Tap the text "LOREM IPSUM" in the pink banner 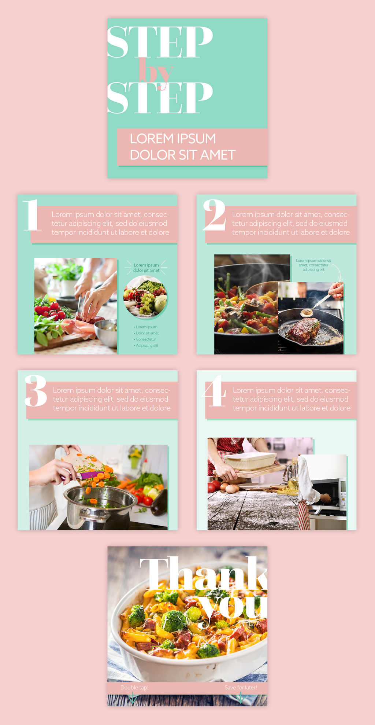[x=173, y=139]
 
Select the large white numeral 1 [x=32, y=215]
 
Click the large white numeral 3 [x=36, y=391]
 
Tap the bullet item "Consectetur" [x=145, y=339]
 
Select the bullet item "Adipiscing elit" [x=146, y=346]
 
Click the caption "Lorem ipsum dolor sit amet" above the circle [x=146, y=268]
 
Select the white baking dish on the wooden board [x=250, y=461]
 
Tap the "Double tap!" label [x=134, y=688]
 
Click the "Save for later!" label [x=241, y=688]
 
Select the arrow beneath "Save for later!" [x=240, y=698]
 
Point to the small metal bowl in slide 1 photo [x=106, y=332]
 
